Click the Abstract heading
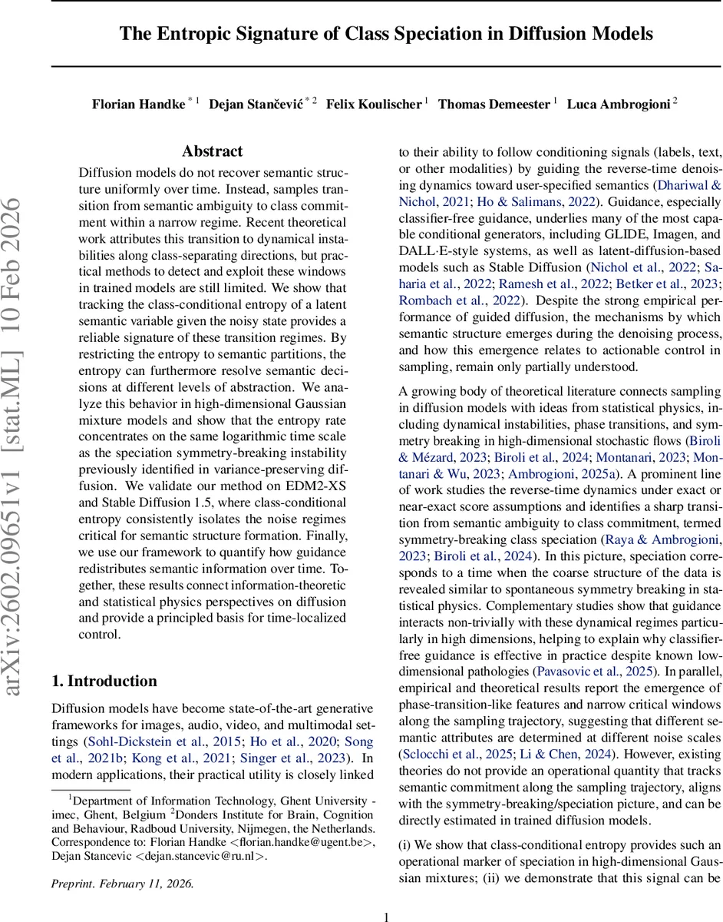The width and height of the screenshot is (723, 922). (212, 151)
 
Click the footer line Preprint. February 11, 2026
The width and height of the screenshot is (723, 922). (123, 862)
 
